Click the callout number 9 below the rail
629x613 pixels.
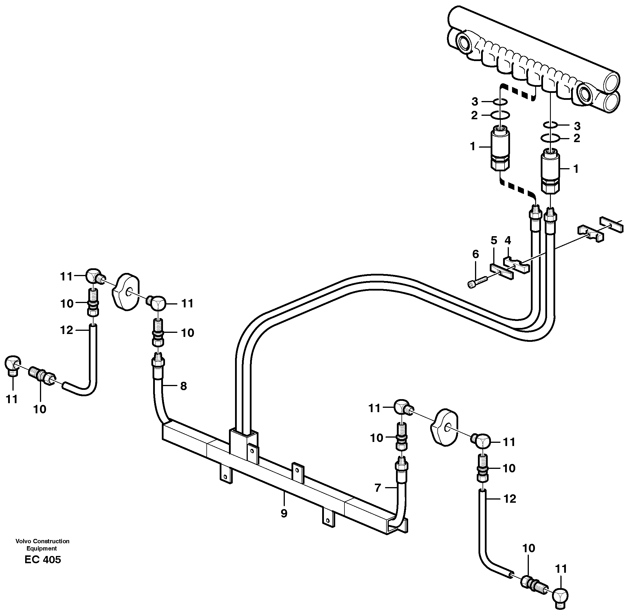[x=284, y=513]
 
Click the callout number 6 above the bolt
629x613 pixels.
[x=475, y=254]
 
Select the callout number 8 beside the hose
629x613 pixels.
[x=183, y=386]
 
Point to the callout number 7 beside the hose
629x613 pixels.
[x=378, y=488]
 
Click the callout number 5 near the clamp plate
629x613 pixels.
[x=494, y=241]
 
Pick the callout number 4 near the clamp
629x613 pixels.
[x=508, y=240]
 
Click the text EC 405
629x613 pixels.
[x=43, y=559]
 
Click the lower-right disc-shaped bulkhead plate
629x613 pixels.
[x=444, y=427]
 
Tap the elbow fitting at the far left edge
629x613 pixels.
[x=13, y=364]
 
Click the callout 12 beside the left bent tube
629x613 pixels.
[x=67, y=330]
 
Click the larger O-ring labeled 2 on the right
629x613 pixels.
[x=551, y=138]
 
